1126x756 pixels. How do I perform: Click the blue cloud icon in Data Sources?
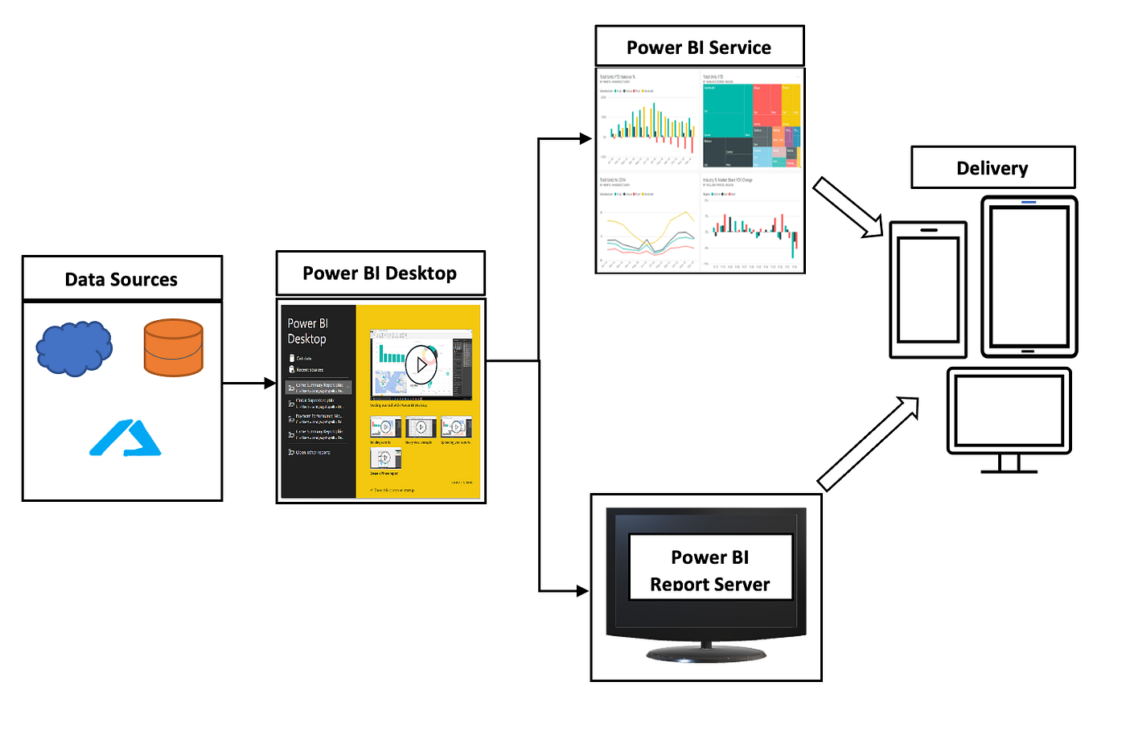(74, 348)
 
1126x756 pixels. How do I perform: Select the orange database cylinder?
(173, 347)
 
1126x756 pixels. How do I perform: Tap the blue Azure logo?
(125, 438)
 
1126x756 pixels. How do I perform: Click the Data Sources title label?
(121, 279)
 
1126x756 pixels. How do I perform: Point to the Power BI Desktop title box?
(380, 273)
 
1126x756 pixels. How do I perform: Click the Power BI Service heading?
(699, 47)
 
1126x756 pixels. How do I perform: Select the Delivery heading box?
(992, 168)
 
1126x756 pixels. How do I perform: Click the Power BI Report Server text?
(710, 570)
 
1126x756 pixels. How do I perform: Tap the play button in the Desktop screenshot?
(421, 364)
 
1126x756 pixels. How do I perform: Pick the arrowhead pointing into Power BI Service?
(585, 138)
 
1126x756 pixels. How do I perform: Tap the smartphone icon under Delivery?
(928, 290)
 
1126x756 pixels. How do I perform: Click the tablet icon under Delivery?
(1029, 277)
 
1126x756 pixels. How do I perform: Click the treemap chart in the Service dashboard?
(751, 124)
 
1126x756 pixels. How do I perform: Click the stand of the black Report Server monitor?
(706, 651)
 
